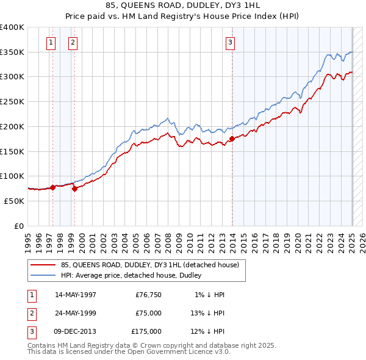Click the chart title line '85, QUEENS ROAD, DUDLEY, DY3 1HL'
[182, 7]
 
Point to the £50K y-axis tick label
[15, 201]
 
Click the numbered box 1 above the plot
[50, 42]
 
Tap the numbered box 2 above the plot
[73, 42]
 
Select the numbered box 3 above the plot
[230, 42]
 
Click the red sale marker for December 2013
[232, 139]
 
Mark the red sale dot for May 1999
[75, 189]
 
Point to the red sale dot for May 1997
[52, 187]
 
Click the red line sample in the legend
[43, 265]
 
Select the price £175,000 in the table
[146, 331]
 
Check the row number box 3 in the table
[30, 331]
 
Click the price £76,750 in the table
[148, 295]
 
